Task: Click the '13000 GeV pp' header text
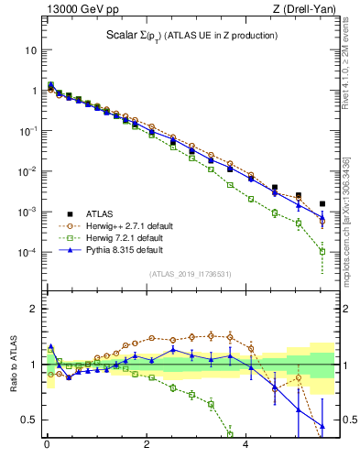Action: pyautogui.click(x=80, y=9)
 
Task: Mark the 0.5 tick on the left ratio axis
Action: pyautogui.click(x=29, y=420)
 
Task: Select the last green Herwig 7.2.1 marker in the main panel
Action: pyautogui.click(x=322, y=251)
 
